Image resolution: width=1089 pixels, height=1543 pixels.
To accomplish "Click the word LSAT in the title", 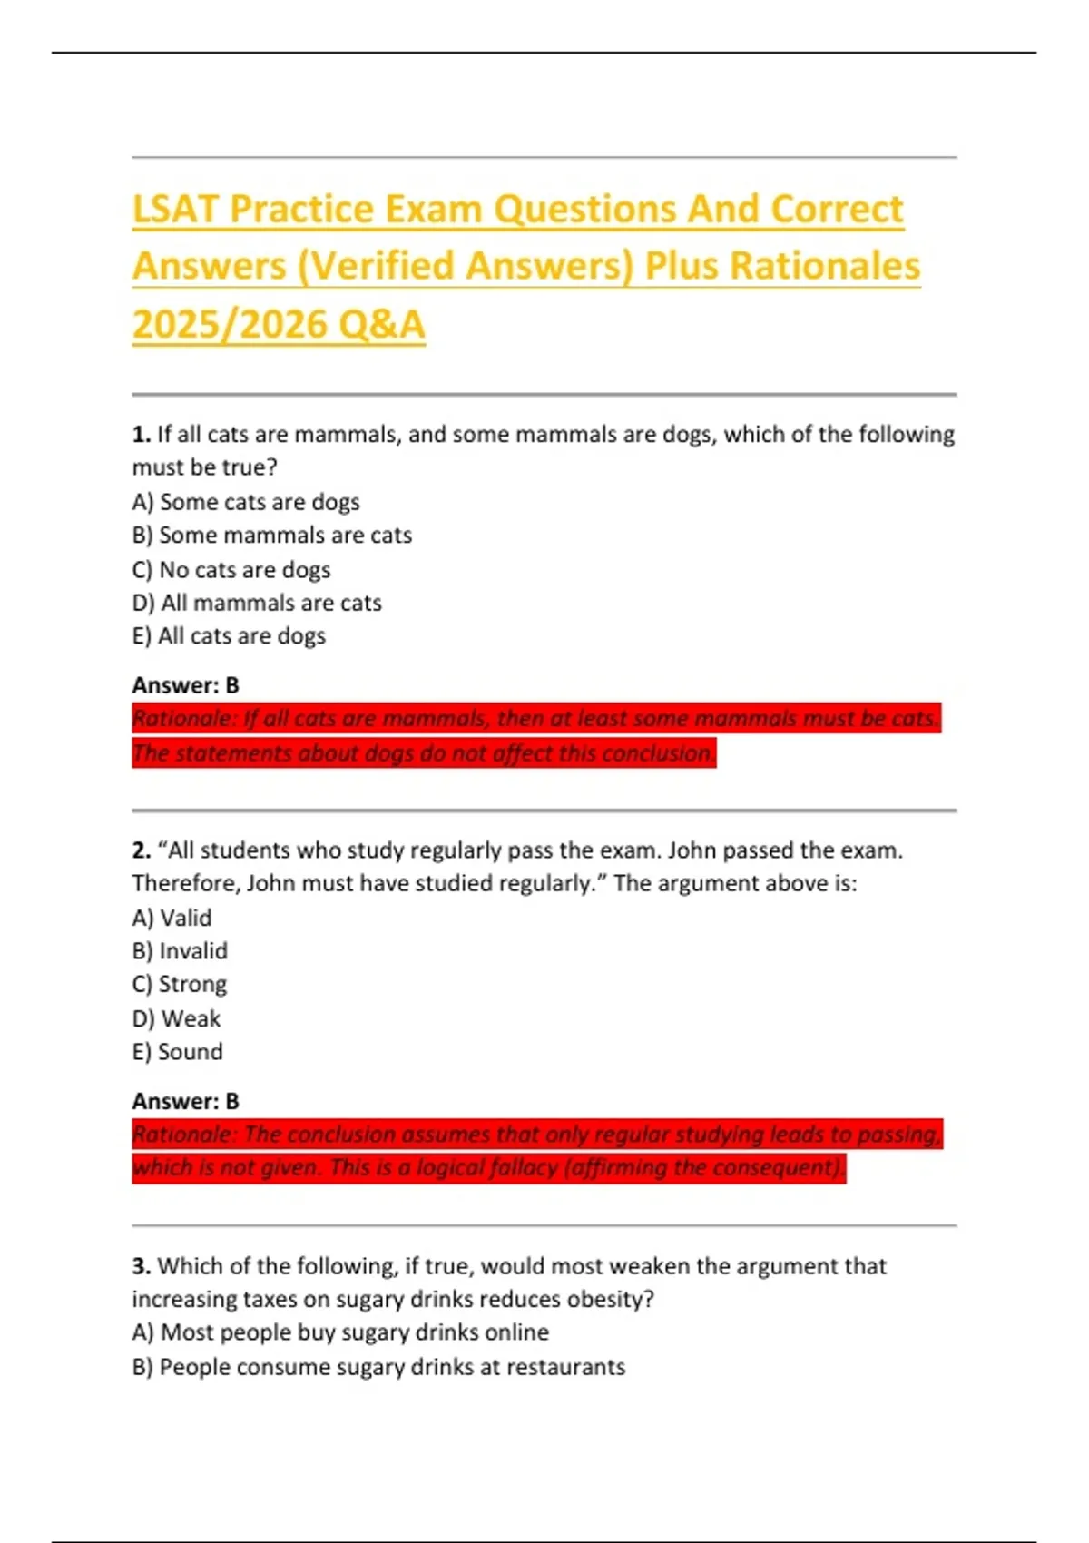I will (x=175, y=210).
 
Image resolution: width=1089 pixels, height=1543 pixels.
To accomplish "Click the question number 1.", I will (x=141, y=435).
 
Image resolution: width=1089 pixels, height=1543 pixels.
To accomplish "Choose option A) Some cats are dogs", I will (x=246, y=502).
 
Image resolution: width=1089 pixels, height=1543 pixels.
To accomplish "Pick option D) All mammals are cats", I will (x=257, y=603).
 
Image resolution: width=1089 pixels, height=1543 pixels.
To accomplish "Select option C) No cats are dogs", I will (x=231, y=570).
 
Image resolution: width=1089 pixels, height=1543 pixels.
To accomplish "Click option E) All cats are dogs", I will (x=229, y=636).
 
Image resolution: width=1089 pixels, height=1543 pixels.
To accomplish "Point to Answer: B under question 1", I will (x=185, y=685).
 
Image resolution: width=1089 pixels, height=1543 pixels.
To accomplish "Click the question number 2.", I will (x=141, y=850).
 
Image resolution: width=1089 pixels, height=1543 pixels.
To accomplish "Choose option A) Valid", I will (x=172, y=918).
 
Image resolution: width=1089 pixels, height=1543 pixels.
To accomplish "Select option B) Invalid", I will (x=180, y=951).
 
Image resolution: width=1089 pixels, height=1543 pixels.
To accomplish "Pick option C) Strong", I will (x=180, y=985).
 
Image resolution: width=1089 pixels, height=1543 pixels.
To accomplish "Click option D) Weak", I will (x=176, y=1018).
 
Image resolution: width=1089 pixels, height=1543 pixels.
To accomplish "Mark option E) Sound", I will (x=177, y=1052).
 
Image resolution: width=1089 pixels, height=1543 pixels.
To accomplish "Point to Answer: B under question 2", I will (x=185, y=1101).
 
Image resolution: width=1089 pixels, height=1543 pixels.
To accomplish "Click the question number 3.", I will (x=141, y=1266).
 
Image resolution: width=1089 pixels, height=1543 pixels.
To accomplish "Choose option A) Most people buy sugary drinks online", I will (x=340, y=1332).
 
